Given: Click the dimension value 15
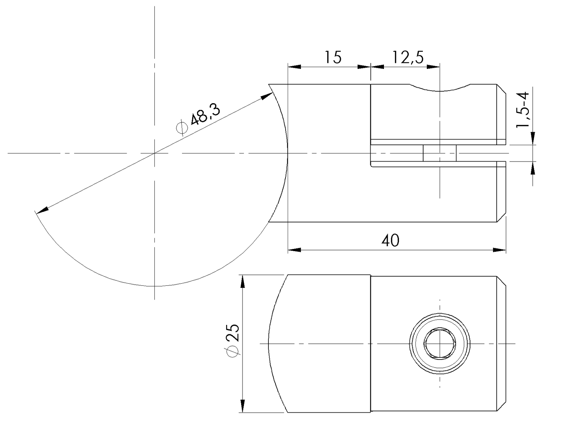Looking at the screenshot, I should [332, 57].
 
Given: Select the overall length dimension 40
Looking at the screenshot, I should [390, 241].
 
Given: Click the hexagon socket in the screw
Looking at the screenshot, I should [440, 344].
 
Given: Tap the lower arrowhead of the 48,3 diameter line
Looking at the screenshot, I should [42, 210].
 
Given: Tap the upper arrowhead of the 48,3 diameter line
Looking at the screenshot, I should [267, 96].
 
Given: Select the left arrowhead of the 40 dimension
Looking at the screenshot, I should [294, 250].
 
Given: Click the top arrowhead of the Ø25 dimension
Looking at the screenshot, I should [243, 281].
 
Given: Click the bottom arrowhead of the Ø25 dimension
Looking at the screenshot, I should [243, 406].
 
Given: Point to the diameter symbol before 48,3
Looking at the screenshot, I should [182, 128].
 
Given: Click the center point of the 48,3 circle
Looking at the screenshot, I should [155, 153].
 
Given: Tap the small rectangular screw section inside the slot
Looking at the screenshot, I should [440, 153].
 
